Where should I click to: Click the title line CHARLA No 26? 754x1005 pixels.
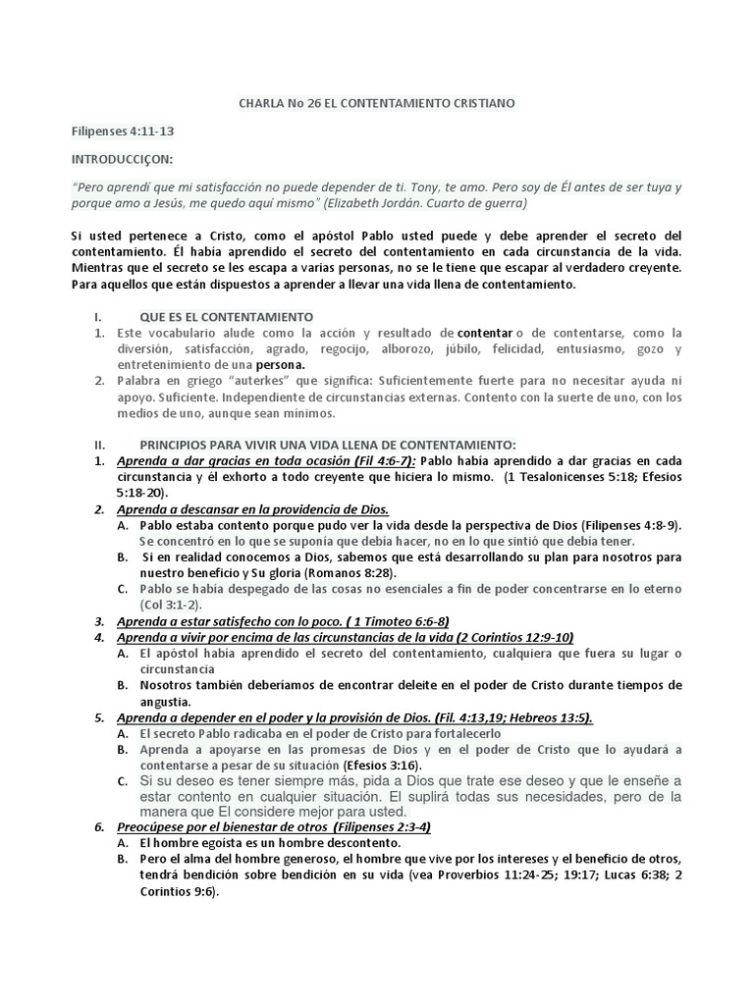[x=377, y=102]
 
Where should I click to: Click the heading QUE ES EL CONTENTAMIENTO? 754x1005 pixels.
[x=227, y=317]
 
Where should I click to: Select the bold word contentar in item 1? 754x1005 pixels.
[x=484, y=334]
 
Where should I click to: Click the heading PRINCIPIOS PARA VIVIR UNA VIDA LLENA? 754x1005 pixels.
[x=328, y=445]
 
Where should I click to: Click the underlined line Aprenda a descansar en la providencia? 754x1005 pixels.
[x=252, y=508]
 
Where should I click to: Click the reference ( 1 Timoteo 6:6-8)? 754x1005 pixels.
[x=383, y=621]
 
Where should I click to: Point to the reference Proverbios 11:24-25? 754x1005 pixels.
[x=504, y=875]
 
